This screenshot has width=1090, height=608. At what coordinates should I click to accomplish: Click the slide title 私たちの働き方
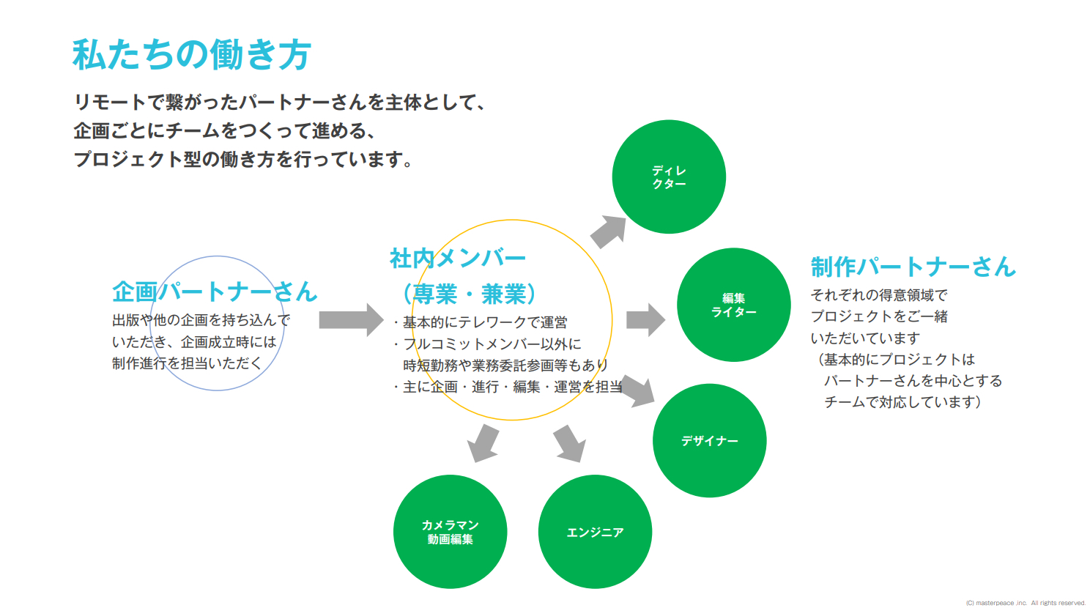point(192,55)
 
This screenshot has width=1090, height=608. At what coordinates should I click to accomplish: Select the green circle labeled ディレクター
point(669,177)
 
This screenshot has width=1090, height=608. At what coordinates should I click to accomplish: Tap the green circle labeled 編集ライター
point(733,305)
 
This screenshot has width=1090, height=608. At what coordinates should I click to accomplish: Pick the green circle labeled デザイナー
point(709,441)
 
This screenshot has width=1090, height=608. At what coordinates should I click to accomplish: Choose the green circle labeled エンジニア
point(595,533)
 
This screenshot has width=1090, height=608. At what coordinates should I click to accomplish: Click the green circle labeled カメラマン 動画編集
point(450,532)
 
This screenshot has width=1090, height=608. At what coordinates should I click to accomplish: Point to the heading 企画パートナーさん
point(214,292)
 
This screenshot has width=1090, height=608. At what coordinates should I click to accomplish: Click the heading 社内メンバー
point(458,258)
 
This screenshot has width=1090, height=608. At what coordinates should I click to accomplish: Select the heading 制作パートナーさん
point(913,267)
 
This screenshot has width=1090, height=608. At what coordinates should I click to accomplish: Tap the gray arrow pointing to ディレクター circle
point(609,232)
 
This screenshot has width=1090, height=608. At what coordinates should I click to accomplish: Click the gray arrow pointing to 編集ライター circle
point(645,320)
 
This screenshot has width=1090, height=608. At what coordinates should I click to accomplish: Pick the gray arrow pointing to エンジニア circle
point(570,443)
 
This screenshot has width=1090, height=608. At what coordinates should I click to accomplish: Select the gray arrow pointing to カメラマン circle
point(483,442)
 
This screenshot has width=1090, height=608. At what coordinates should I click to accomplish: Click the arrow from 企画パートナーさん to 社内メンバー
point(351,320)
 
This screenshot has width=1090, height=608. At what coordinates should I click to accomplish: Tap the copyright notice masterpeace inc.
point(1025,603)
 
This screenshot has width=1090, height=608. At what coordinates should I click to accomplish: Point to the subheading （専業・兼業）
point(469,294)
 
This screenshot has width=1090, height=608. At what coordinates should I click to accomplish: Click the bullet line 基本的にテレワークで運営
point(481,322)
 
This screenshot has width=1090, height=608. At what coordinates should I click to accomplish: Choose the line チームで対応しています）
point(902,402)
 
